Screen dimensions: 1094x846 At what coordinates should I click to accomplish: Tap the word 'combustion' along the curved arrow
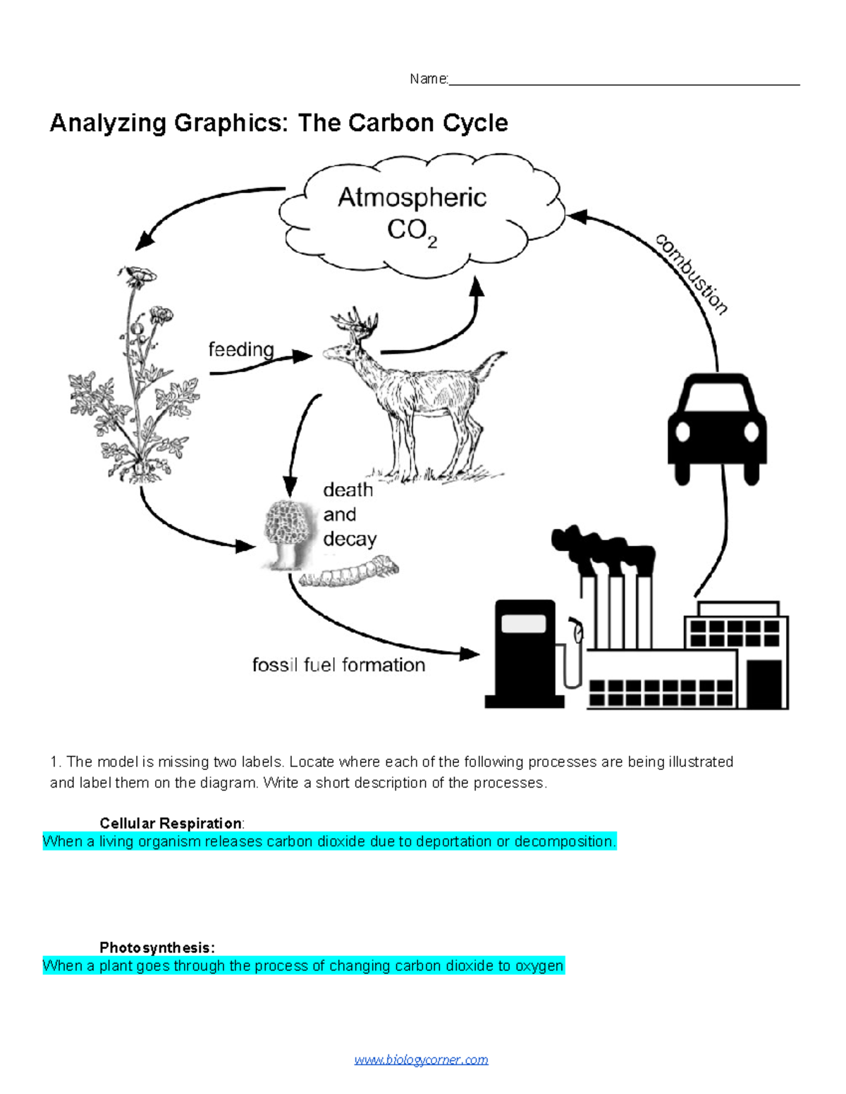(x=692, y=274)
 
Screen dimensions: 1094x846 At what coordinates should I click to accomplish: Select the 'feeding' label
(x=241, y=349)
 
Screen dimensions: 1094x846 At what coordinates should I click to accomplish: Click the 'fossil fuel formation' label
(x=338, y=665)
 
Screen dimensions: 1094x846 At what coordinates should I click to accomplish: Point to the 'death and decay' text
(x=349, y=514)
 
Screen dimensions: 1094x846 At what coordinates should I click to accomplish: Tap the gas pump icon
(x=525, y=652)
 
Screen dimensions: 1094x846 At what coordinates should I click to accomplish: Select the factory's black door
(x=764, y=683)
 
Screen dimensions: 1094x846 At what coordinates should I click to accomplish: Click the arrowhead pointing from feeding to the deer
(x=303, y=356)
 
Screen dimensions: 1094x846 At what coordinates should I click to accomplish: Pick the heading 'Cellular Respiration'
(x=171, y=823)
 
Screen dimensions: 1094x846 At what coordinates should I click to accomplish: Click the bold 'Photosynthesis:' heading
(x=157, y=947)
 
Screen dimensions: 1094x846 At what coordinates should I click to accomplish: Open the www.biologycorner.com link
(x=421, y=1059)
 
